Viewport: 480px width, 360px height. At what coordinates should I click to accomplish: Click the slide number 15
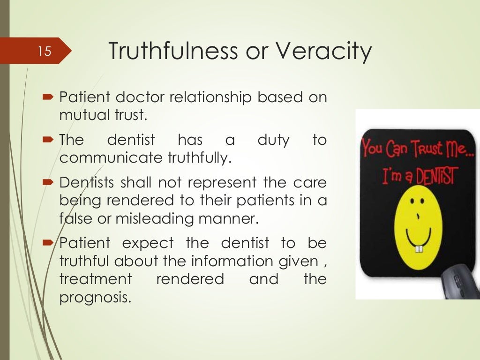pos(44,51)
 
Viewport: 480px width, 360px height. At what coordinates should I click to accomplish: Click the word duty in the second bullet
pos(274,140)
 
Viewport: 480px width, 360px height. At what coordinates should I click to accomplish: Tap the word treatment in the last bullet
pos(96,279)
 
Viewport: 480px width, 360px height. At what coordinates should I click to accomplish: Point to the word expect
pos(148,244)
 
